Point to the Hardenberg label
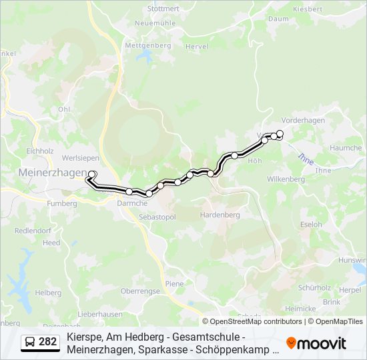[x=220, y=215]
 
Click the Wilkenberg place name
[x=285, y=179]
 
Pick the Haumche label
[x=346, y=148]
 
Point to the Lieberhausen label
[x=99, y=314]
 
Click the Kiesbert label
[x=326, y=9]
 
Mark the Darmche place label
[x=132, y=203]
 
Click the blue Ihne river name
[x=305, y=159]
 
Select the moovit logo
[x=316, y=343]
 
